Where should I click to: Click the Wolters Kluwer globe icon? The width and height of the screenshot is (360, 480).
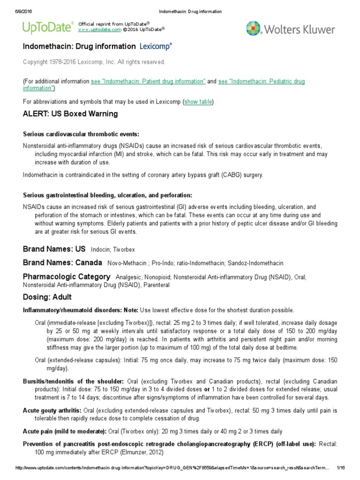click(x=254, y=29)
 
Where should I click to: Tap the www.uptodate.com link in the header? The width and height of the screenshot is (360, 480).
click(x=93, y=29)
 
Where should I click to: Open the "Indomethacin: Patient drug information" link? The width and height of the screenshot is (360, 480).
click(x=148, y=82)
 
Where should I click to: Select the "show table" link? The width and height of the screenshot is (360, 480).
click(x=199, y=102)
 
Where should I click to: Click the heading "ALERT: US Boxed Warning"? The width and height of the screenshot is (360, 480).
click(x=70, y=114)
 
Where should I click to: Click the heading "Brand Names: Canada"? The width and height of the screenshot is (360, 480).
click(x=62, y=262)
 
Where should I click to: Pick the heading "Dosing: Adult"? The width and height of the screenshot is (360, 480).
click(x=47, y=297)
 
